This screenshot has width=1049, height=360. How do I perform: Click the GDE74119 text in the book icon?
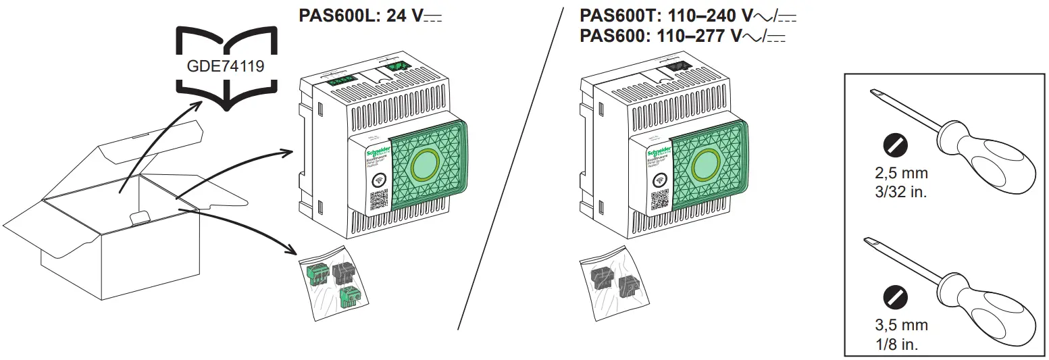[226, 66]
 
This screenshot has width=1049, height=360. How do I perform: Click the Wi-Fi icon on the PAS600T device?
[659, 180]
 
